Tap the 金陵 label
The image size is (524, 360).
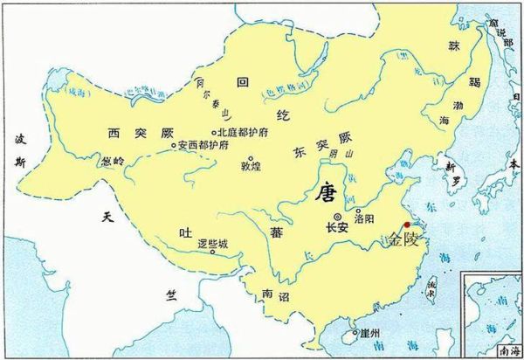point(403,238)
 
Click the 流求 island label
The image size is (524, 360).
point(429,286)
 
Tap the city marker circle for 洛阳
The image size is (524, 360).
point(358,211)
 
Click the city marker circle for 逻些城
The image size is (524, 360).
point(213,253)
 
